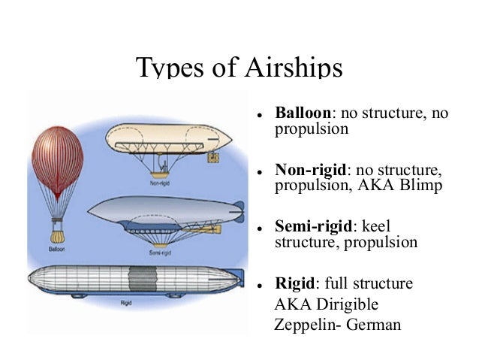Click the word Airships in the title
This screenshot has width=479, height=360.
pos(294,68)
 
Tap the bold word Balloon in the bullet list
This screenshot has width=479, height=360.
pos(303,113)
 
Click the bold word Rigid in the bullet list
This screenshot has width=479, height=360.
pos(295,283)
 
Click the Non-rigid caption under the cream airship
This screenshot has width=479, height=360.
pos(158,181)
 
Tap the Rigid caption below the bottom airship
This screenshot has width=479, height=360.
pos(127,304)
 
